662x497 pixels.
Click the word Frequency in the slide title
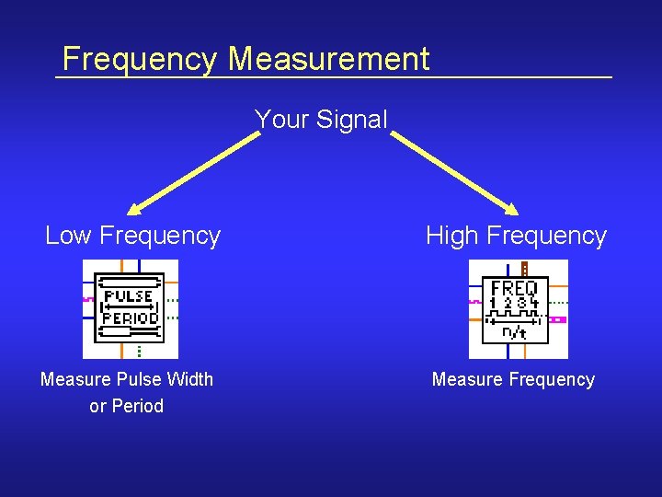point(140,60)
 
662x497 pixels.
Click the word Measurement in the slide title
point(328,60)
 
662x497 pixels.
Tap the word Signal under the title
point(352,120)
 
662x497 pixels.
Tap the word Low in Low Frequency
point(69,237)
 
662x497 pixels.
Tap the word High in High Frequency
point(451,237)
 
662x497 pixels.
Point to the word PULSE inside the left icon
point(129,297)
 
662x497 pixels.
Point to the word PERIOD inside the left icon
point(130,318)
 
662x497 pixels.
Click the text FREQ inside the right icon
point(514,288)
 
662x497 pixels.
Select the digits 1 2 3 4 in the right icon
point(514,303)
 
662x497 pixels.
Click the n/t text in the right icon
point(514,332)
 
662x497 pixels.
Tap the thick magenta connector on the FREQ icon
point(557,319)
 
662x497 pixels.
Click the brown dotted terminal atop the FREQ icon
point(524,268)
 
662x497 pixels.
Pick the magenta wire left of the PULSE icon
point(88,298)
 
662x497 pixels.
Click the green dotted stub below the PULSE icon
point(139,351)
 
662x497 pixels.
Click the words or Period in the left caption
point(126,406)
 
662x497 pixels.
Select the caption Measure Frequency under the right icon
point(513,379)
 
